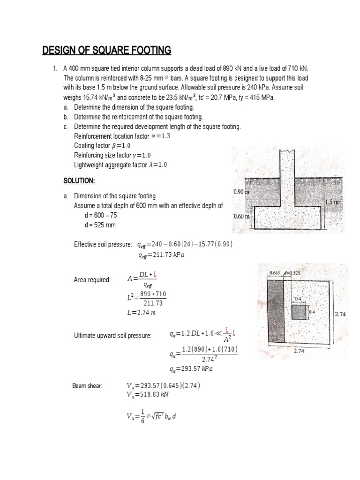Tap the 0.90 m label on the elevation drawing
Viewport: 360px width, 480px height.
click(242, 192)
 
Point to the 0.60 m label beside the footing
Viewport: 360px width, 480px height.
click(242, 217)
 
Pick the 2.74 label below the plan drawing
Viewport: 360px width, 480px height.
click(300, 350)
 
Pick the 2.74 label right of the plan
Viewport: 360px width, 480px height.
click(340, 315)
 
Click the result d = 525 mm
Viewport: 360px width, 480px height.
click(99, 225)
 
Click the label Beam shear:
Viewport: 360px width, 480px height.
click(87, 386)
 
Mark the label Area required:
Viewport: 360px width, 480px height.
click(92, 280)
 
